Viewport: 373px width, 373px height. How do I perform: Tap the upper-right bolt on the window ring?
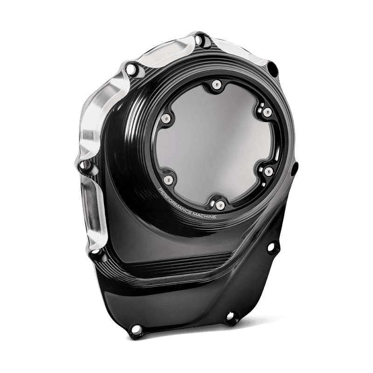point(266,112)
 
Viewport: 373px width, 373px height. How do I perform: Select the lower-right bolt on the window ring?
point(269,172)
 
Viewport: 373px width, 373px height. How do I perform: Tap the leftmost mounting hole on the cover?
point(84,165)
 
